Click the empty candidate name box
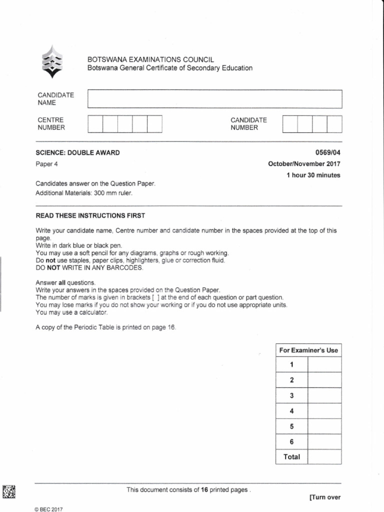[x=214, y=99]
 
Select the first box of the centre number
[x=95, y=124]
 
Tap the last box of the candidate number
[x=334, y=124]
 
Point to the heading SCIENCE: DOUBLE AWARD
[x=77, y=153]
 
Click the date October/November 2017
[x=304, y=164]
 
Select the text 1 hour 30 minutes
[x=313, y=175]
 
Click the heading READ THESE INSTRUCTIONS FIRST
[x=90, y=215]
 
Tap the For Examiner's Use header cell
[x=308, y=350]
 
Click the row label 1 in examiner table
[x=291, y=365]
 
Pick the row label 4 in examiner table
[x=291, y=411]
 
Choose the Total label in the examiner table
[x=291, y=456]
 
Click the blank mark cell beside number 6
[x=324, y=441]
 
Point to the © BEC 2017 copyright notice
[x=49, y=509]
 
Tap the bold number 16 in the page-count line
[x=204, y=490]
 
